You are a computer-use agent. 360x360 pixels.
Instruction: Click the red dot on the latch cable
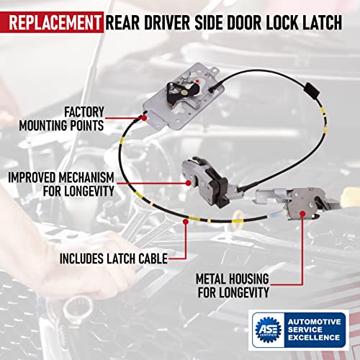point(186,222)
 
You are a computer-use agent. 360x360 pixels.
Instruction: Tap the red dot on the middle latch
point(189,183)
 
